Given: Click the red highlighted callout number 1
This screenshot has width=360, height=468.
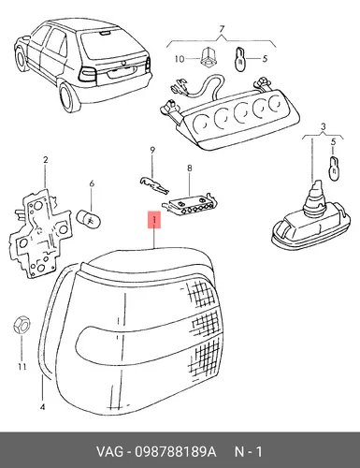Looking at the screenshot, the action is (154, 220).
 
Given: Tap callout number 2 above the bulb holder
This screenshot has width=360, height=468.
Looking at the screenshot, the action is (46, 160).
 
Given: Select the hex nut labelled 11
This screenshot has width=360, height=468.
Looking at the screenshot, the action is (22, 326).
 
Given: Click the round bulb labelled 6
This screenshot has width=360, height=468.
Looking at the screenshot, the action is (89, 219).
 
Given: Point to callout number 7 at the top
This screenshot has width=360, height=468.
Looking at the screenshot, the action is (222, 29).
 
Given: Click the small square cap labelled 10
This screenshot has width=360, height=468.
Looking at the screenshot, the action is (208, 57).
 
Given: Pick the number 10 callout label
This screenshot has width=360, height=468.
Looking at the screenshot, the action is (180, 59).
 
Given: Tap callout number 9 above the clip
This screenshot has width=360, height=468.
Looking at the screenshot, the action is (152, 151).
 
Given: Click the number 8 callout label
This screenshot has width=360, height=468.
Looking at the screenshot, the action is (190, 168).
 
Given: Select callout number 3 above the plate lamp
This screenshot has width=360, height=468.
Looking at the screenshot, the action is (324, 127).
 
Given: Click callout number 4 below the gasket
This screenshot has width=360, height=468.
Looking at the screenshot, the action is (42, 407).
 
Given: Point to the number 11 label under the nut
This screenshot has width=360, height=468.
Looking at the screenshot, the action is (22, 367).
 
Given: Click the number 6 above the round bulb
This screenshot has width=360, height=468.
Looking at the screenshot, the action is (92, 183).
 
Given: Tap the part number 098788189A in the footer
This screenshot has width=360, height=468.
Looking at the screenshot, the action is (175, 452).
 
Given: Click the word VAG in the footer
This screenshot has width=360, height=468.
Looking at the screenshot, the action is (109, 452).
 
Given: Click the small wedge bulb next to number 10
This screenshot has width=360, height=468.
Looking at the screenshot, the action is (240, 59).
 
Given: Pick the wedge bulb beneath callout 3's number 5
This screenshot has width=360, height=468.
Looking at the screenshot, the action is (334, 168).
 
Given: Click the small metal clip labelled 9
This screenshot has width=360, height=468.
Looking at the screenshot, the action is (153, 185).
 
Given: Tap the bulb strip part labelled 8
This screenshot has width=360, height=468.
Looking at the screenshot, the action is (190, 204).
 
